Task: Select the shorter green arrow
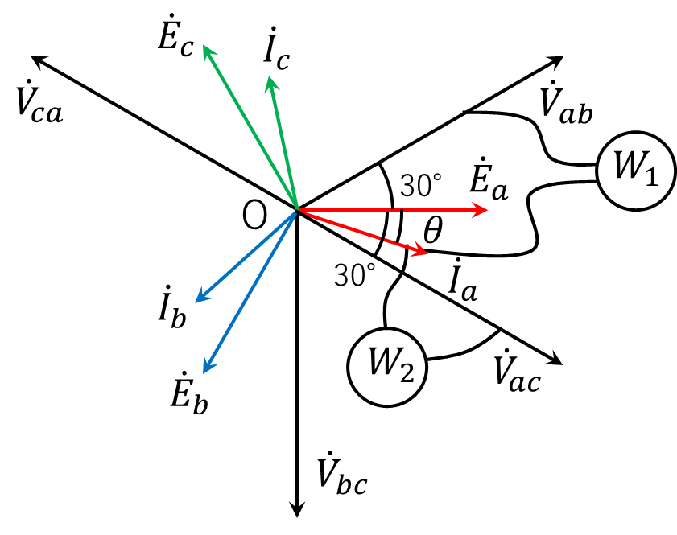click(284, 142)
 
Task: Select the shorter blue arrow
click(246, 256)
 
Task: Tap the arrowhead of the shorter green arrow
click(271, 80)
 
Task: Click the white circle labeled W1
click(636, 171)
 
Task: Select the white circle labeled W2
click(387, 367)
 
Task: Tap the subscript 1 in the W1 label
click(651, 176)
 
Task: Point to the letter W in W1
click(626, 167)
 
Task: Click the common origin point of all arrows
click(298, 210)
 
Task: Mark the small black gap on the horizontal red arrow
click(397, 210)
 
